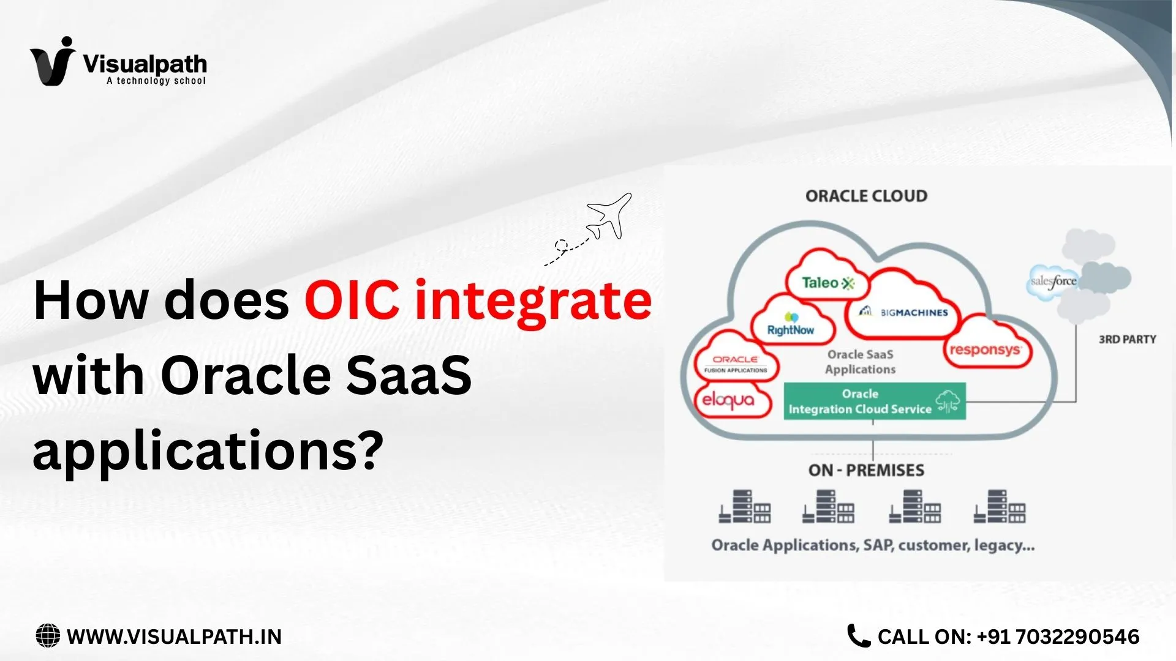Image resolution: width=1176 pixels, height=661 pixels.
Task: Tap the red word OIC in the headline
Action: (352, 300)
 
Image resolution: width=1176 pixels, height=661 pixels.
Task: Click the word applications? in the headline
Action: (208, 450)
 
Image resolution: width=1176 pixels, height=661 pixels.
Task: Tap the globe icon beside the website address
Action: (48, 636)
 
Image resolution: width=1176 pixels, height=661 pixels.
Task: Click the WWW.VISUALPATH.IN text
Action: (174, 637)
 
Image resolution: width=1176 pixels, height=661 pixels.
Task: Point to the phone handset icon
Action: (858, 636)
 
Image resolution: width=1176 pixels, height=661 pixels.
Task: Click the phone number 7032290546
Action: (1078, 637)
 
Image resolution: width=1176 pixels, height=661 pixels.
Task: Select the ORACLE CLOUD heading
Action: (866, 196)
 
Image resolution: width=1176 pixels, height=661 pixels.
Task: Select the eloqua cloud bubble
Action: (728, 400)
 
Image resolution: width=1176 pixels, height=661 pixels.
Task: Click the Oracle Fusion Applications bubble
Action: (736, 364)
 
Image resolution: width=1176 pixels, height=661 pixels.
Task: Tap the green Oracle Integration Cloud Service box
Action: (874, 401)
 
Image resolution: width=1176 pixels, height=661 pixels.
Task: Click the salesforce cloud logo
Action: (1053, 282)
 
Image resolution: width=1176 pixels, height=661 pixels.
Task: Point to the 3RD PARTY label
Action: (1127, 339)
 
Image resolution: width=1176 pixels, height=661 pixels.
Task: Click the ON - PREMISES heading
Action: (866, 470)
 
